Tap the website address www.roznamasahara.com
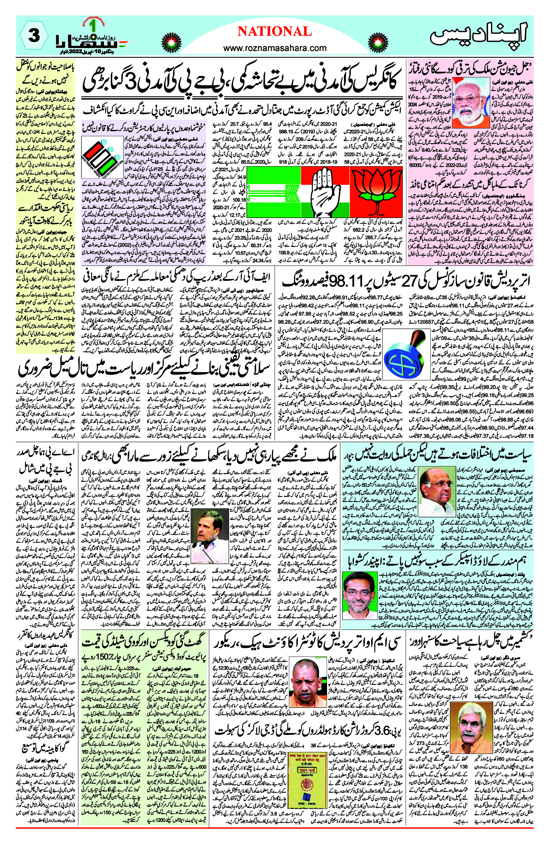(x=275, y=48)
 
